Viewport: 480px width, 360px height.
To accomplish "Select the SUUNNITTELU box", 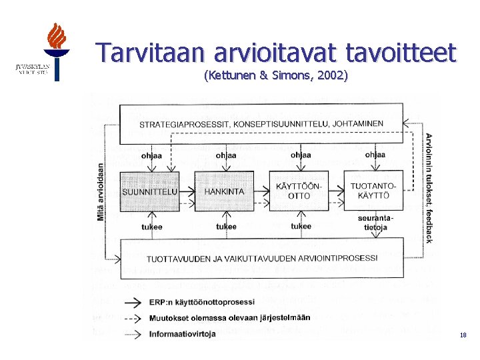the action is click(150, 191).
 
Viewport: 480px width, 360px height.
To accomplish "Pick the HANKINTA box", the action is click(225, 191).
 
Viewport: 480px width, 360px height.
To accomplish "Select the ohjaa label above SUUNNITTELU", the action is click(151, 155).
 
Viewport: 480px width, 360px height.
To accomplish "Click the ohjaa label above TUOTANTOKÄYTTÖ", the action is click(375, 155).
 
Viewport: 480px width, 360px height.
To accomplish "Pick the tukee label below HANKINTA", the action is click(226, 227).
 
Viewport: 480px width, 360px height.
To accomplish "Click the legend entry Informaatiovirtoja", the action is click(182, 334).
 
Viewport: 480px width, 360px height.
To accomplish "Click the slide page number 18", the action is click(463, 336).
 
